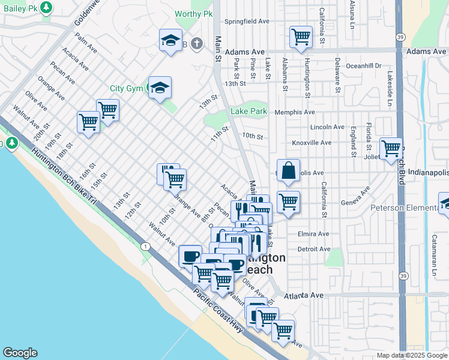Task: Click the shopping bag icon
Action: click(289, 170)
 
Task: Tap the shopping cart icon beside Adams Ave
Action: click(301, 37)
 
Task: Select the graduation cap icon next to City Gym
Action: click(160, 88)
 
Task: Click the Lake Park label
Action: click(249, 112)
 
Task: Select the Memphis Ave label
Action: click(295, 112)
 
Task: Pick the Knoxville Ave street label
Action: click(312, 143)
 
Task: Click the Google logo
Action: click(20, 353)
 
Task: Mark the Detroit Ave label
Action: click(314, 248)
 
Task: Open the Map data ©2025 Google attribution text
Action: click(411, 355)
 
